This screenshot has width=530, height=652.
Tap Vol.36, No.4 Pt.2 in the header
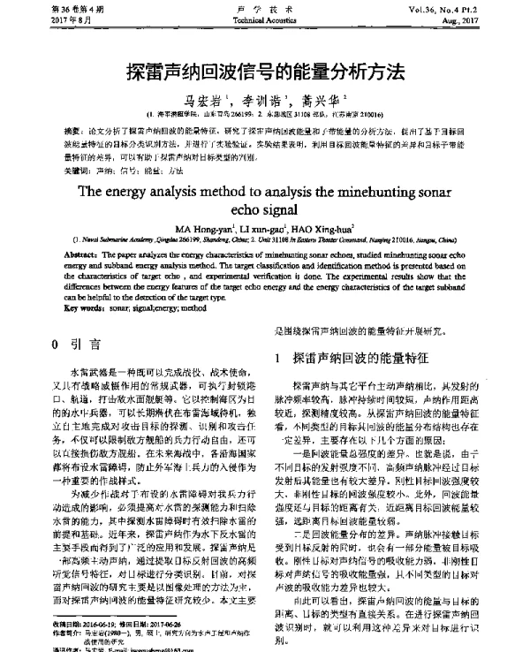(x=473, y=7)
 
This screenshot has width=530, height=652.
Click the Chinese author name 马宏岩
(x=200, y=101)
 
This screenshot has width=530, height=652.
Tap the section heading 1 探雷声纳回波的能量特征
(x=353, y=358)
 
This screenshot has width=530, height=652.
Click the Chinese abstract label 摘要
(x=74, y=127)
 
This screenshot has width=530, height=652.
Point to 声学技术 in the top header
(x=265, y=7)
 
